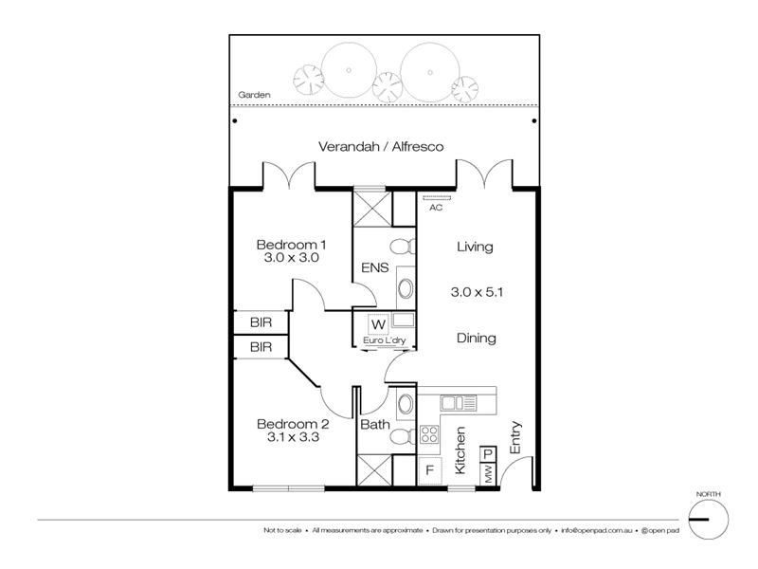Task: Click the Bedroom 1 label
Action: coord(291,245)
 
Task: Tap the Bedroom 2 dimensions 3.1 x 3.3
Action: coord(293,437)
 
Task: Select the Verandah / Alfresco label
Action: coord(381,147)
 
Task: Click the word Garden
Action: coord(254,95)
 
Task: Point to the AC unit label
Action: coord(436,208)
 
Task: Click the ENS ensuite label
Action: coord(374,267)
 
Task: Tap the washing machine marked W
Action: coord(378,324)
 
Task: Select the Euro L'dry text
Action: coord(385,340)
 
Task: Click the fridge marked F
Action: coord(429,469)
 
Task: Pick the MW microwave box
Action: coord(488,472)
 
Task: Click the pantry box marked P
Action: coord(488,454)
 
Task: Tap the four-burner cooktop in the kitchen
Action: coord(429,434)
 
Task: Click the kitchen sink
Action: coord(458,403)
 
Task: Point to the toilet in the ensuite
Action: coord(402,247)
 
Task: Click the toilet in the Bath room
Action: coord(402,437)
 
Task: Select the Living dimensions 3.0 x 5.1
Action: coord(477,292)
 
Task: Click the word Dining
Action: coord(477,338)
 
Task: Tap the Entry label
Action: coord(515,437)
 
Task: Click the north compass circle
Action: coord(708,519)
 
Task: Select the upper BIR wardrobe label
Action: coord(262,322)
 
